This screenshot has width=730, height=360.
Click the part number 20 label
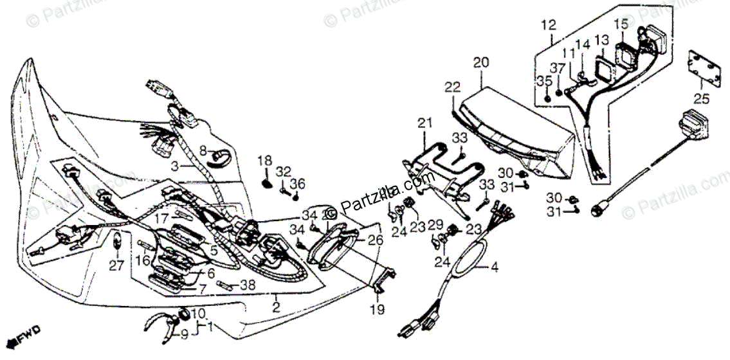click(x=481, y=63)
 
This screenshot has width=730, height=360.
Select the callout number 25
click(x=700, y=98)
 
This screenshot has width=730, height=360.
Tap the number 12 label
click(x=547, y=26)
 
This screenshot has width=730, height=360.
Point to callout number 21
click(x=424, y=123)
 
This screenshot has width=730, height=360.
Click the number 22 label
click(x=453, y=87)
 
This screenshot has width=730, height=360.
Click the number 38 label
click(x=248, y=285)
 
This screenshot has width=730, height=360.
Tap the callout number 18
click(x=265, y=160)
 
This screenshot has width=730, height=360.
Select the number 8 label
click(x=202, y=151)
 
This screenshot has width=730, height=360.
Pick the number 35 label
click(x=543, y=81)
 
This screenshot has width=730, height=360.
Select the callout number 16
click(x=141, y=260)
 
